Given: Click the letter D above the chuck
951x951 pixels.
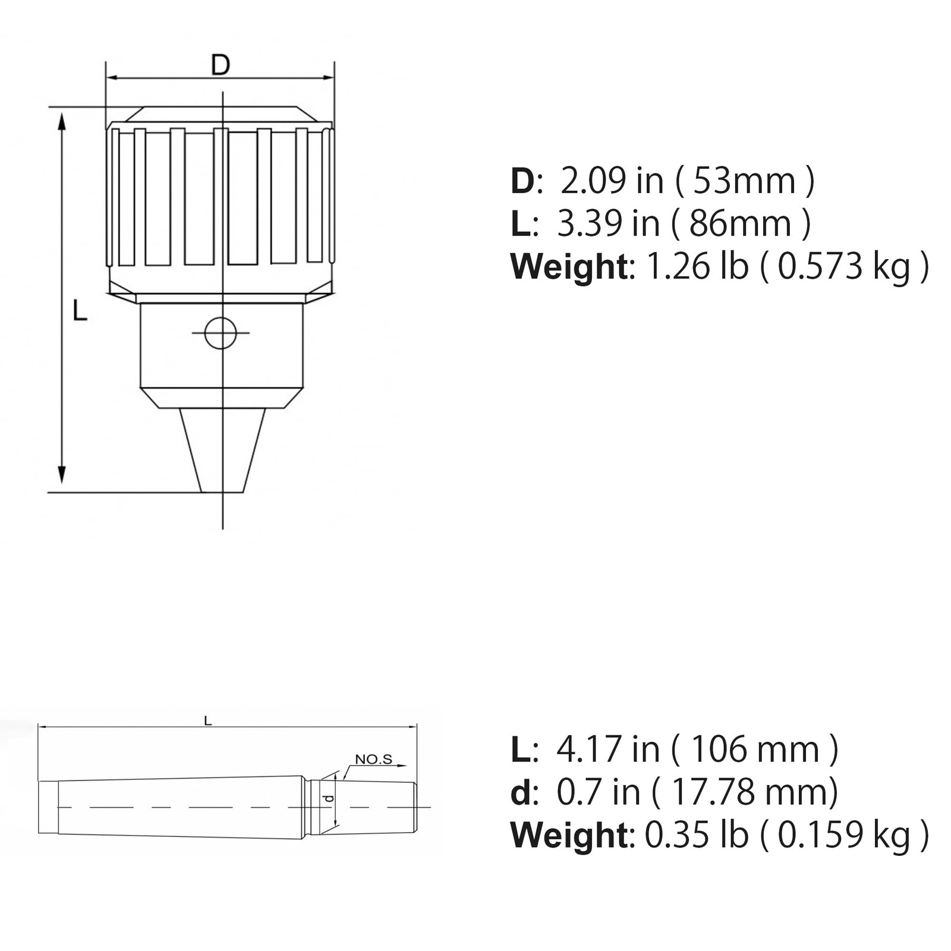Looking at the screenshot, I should click(221, 65).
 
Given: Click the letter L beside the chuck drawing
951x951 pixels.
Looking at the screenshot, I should click(80, 311).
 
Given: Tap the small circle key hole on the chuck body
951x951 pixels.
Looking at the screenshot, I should click(221, 333).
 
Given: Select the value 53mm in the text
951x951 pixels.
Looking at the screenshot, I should click(744, 181).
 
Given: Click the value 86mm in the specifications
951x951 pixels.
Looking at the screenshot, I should click(741, 223).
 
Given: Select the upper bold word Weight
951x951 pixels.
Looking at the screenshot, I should click(569, 266).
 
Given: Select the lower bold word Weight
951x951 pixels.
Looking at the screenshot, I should click(569, 835).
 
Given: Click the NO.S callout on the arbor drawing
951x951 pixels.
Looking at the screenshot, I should click(373, 759).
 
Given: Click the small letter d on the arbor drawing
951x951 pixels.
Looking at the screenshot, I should click(329, 799).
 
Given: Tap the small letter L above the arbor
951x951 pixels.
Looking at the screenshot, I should click(207, 721).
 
